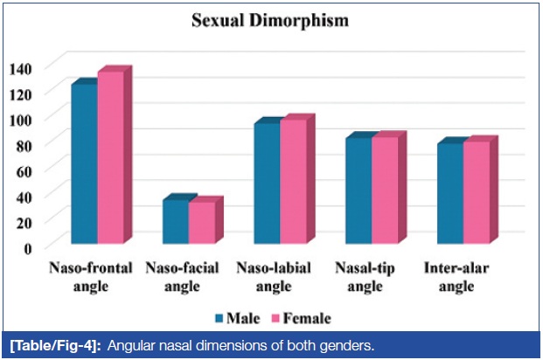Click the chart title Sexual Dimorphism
[270, 20]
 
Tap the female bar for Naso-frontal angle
[110, 157]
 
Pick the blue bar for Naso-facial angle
[176, 222]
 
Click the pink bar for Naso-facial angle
[202, 222]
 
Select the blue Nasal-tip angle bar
[359, 190]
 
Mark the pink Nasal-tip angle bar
[385, 190]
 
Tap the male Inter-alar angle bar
[450, 193]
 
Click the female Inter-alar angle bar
[477, 192]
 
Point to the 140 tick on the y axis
[20, 69]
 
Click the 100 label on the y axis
[20, 120]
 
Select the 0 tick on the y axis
[27, 248]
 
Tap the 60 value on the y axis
[24, 171]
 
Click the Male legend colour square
[219, 318]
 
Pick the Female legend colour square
[275, 318]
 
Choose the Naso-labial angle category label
[274, 277]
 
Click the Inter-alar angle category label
[456, 277]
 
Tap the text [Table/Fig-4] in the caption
[55, 346]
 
